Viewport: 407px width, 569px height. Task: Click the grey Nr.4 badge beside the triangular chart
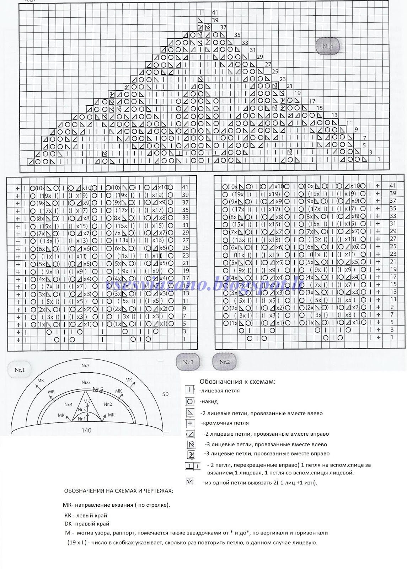pos(327,46)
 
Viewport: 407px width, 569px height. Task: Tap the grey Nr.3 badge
pos(188,362)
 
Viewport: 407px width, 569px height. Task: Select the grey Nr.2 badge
pos(224,362)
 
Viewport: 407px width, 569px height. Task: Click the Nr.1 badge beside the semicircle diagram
pos(20,370)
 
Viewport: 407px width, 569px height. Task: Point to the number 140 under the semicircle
pos(86,430)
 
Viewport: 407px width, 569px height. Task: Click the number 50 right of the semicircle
pos(165,394)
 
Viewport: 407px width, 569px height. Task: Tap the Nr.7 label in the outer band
pos(85,366)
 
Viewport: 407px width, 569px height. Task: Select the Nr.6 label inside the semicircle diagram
pos(85,382)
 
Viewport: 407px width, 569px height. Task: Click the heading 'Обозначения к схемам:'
pos(237,382)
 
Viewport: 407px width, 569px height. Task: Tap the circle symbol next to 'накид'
pos(190,402)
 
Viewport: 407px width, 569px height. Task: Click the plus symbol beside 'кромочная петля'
pos(190,423)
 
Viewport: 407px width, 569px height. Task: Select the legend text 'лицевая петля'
pos(219,390)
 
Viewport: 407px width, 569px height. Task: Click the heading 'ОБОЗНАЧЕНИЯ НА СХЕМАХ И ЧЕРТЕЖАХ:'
pos(119,491)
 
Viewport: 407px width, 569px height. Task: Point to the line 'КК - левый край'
pos(86,515)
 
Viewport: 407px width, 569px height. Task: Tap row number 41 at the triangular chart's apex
pos(215,13)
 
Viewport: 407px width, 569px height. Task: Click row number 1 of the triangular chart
pos(379,159)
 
